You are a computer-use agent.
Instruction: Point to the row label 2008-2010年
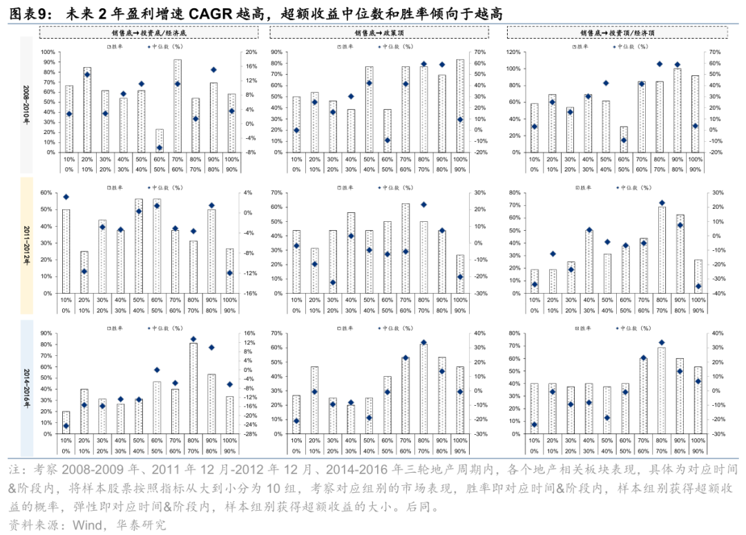point(26,104)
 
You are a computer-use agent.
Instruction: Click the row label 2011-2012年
point(26,245)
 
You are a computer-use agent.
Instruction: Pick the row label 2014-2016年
point(26,387)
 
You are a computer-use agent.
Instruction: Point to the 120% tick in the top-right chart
point(512,52)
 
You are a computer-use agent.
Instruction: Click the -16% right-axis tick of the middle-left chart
point(251,293)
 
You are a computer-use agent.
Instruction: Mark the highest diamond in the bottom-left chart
point(193,339)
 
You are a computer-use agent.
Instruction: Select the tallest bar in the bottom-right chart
point(662,391)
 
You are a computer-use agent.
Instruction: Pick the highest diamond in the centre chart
point(423,205)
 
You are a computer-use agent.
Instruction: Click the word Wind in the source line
point(86,525)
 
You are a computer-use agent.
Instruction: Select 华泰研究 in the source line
point(141,525)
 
